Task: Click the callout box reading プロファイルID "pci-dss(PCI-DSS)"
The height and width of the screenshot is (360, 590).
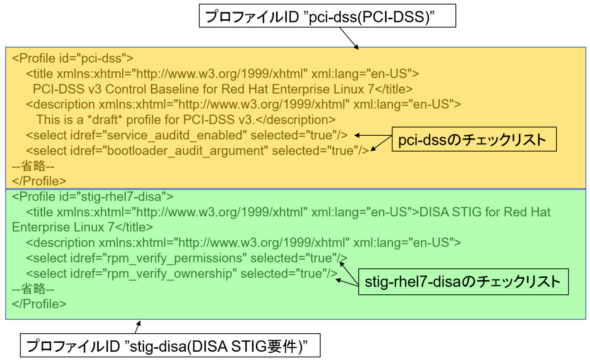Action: (x=327, y=16)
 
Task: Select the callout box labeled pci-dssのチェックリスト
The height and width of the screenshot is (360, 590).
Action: (x=474, y=139)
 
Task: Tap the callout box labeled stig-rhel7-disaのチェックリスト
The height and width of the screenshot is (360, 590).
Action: (x=463, y=282)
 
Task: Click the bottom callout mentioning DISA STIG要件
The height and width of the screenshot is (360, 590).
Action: (x=170, y=346)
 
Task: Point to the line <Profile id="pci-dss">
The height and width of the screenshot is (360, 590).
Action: (x=73, y=58)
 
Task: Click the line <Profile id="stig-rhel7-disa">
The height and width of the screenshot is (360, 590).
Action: (x=92, y=196)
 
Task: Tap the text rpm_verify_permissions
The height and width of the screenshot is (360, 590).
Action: (x=174, y=258)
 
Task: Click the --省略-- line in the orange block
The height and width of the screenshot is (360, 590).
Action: (x=33, y=166)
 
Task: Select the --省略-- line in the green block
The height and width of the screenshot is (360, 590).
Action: (x=33, y=289)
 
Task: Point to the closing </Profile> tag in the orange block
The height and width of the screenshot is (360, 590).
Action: (x=39, y=181)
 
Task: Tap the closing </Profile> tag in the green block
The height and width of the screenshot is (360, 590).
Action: (x=39, y=304)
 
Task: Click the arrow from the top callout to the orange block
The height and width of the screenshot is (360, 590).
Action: (x=349, y=38)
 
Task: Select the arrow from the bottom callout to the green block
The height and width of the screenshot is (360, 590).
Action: (x=137, y=327)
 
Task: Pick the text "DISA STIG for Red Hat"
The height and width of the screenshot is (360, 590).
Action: (x=485, y=212)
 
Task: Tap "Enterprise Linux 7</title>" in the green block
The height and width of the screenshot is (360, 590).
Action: (x=82, y=227)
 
